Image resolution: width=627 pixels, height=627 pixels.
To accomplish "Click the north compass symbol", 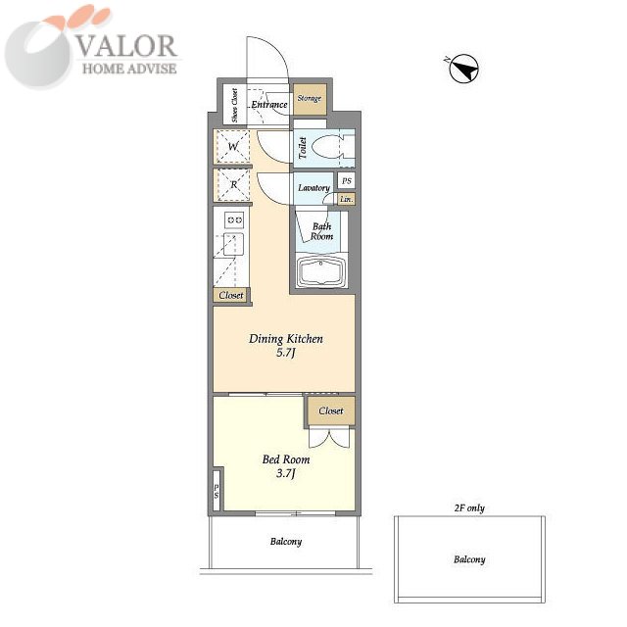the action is point(463,69).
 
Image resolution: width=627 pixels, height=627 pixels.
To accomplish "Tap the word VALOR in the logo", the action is point(126,46).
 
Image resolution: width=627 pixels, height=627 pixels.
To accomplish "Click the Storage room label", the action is point(310,98).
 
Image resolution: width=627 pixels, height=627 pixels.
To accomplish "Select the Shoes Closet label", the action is point(234,105).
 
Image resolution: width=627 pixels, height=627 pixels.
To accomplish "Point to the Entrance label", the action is point(269,105).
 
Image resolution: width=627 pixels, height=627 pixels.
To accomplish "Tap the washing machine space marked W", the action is point(233,146).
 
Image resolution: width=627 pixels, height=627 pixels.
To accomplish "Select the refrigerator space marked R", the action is point(233,185).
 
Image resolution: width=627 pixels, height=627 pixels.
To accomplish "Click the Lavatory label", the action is point(313,187).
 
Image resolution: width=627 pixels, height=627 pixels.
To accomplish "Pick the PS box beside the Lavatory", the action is point(346,180).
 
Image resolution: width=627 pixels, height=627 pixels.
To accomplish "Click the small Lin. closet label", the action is point(346,199).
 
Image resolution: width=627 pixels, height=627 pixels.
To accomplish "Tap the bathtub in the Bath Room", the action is point(321,271).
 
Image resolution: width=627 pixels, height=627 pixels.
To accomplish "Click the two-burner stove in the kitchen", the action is point(234,219).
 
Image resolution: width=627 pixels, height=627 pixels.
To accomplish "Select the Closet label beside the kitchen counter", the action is point(231,295).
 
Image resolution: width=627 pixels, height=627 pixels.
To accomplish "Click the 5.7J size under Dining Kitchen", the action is point(285,353).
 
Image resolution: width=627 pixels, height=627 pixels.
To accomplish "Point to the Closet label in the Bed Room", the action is point(331,410).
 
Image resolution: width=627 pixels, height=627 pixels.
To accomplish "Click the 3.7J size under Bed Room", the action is point(285,474).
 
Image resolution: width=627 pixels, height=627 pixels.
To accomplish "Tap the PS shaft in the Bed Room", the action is point(217,491).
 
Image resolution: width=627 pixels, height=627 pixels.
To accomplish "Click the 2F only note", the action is point(469,508).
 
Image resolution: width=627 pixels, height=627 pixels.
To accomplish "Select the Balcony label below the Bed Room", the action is point(286,542).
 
